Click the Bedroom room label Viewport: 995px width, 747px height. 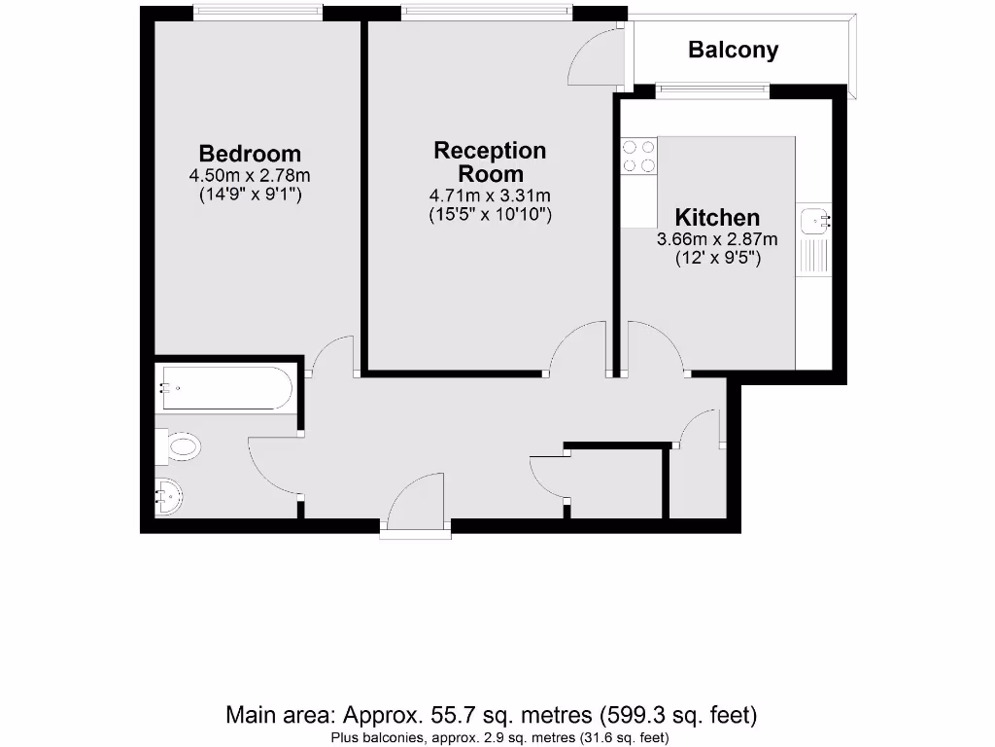click(250, 154)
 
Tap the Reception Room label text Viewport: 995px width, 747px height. click(491, 162)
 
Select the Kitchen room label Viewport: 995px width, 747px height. click(717, 217)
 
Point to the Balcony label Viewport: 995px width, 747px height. click(733, 50)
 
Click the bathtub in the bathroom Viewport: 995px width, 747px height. click(224, 388)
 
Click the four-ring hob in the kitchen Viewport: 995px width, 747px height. click(638, 157)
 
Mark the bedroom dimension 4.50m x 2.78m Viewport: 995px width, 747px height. click(250, 176)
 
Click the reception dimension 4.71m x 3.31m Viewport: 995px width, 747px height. click(491, 196)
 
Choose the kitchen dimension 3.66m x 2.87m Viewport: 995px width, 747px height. click(717, 239)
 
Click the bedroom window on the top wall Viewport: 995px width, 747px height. click(257, 12)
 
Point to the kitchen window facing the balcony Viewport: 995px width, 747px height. click(712, 91)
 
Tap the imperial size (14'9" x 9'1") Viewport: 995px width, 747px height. click(250, 195)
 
